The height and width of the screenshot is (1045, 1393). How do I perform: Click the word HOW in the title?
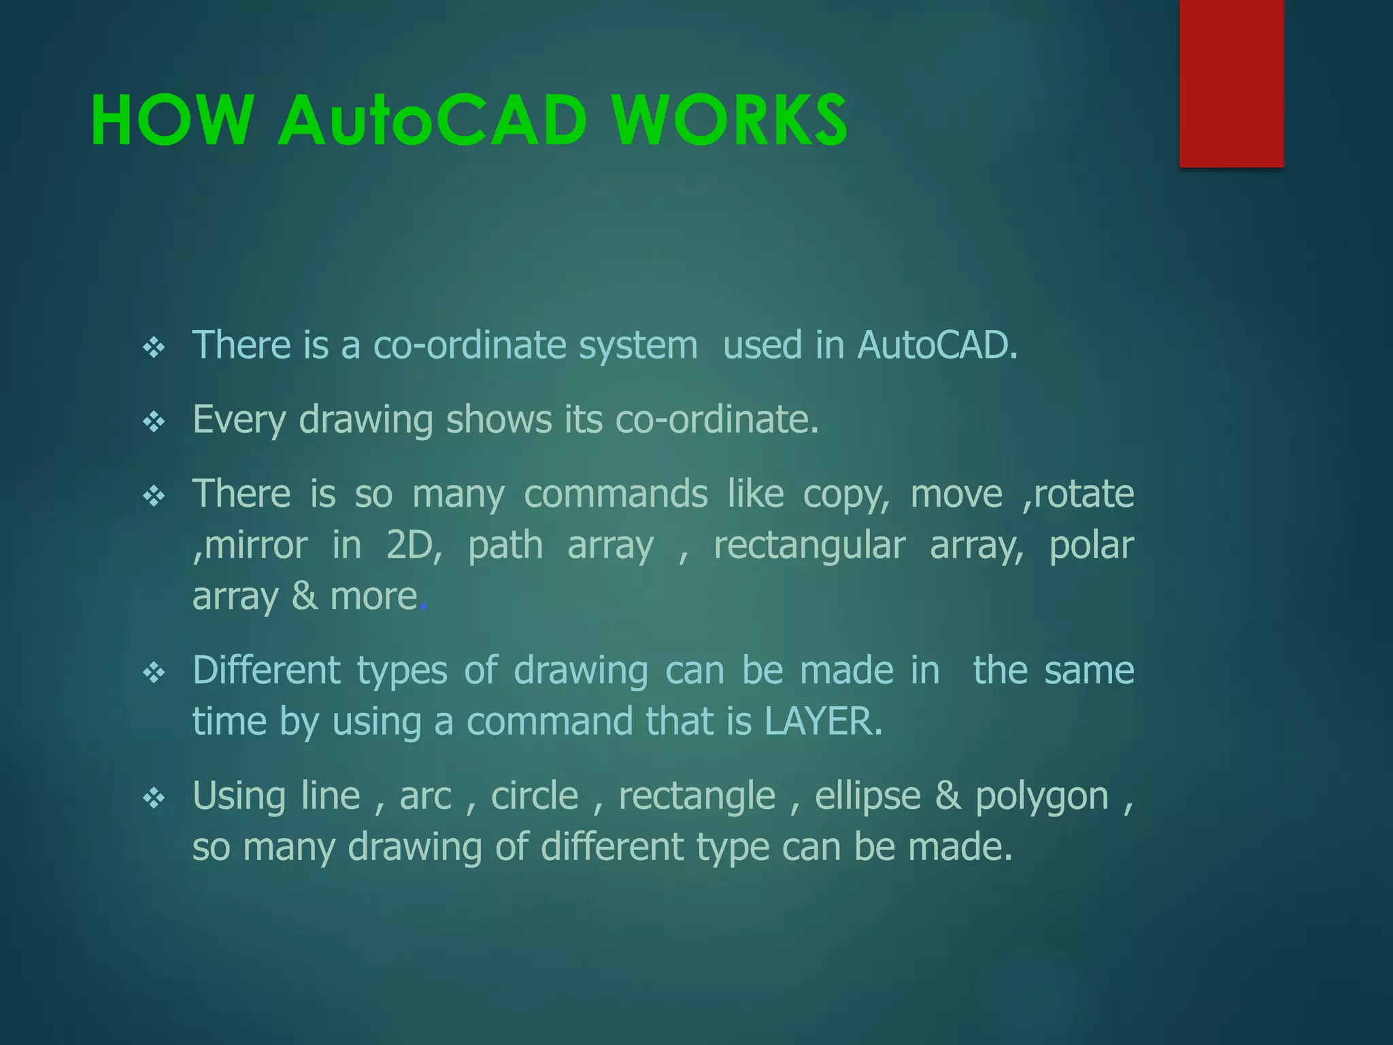[172, 121]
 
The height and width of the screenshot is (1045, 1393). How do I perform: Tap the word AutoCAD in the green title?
[433, 121]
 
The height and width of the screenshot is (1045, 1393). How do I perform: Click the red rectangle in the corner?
[1231, 83]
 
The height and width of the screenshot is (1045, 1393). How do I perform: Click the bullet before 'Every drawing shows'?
[154, 422]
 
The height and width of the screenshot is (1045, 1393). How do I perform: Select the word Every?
[239, 420]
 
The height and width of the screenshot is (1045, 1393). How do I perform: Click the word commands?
[616, 494]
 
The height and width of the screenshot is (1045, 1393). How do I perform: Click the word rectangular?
[809, 546]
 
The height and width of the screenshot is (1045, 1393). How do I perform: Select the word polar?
[1091, 546]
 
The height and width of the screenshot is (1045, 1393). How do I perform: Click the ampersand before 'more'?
[304, 596]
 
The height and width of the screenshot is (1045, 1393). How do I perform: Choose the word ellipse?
[867, 797]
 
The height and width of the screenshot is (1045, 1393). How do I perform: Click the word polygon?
[1042, 797]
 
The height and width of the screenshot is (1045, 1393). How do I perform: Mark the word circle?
[535, 795]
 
